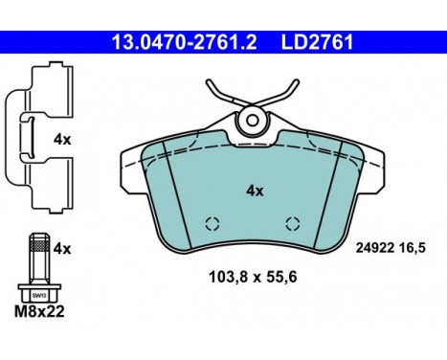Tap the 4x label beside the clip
(63, 139)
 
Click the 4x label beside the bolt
(63, 248)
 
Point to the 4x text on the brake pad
(254, 191)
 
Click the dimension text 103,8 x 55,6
(254, 280)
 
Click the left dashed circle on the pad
(212, 226)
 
